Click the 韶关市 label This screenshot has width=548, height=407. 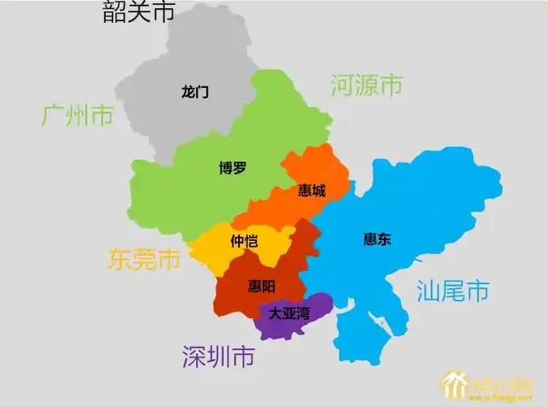[138, 12]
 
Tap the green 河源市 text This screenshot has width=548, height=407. [367, 85]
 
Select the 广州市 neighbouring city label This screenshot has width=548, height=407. [77, 116]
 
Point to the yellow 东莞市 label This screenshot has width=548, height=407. [145, 259]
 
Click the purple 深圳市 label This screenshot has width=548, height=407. [218, 356]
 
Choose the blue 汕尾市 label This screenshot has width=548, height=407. [453, 291]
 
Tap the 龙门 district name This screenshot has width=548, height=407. [195, 92]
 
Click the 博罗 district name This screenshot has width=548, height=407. [233, 168]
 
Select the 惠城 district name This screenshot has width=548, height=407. [311, 190]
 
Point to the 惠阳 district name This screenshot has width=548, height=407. [261, 286]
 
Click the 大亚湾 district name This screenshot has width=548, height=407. [289, 313]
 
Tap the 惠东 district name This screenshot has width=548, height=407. [377, 239]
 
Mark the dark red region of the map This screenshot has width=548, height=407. [236, 297]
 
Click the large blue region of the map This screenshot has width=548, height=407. [423, 203]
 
